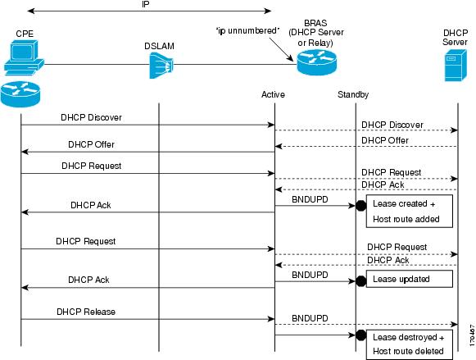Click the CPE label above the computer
tap(25, 34)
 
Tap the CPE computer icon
tap(24, 58)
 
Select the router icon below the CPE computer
tap(20, 94)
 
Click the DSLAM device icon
tap(161, 66)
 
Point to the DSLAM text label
tap(159, 46)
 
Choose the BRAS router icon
tap(316, 62)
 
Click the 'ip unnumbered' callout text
tap(247, 31)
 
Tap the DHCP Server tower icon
tap(456, 66)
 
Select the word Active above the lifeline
tap(273, 94)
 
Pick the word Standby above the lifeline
tap(353, 94)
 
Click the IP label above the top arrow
tap(145, 5)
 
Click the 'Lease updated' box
tap(410, 279)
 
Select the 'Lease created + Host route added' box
tap(410, 211)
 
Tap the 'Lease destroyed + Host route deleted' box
tap(410, 344)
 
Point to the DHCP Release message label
tap(86, 312)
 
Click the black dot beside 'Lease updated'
tap(361, 281)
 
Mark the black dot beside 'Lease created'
tap(361, 206)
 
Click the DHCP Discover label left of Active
tap(92, 117)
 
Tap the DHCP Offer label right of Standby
tap(385, 140)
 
